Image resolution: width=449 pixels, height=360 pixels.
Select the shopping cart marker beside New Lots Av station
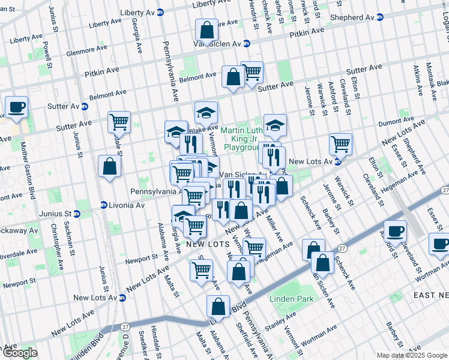coord(341,144)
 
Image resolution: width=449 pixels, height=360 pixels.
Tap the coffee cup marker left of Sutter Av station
coord(16,107)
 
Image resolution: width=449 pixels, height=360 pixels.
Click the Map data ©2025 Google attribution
coord(411,355)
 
